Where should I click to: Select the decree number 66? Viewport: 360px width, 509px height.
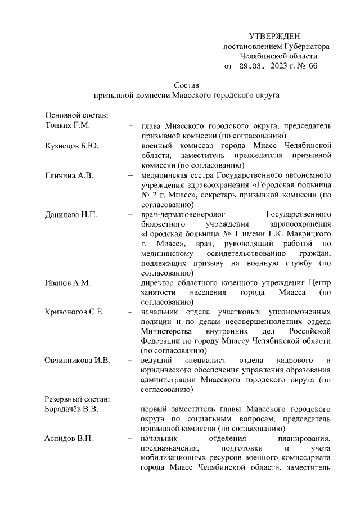tap(313, 66)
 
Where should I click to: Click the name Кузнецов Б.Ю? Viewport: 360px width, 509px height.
tap(72, 146)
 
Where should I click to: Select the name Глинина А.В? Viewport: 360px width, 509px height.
tap(69, 175)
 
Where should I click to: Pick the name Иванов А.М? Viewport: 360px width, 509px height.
tap(67, 282)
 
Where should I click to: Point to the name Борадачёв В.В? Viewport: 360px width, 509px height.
tap(75, 409)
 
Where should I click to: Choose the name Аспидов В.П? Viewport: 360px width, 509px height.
tap(69, 439)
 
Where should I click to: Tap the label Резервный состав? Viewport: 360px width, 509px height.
tap(78, 399)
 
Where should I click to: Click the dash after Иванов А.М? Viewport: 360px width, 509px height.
tap(130, 282)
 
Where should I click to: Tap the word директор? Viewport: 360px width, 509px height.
tap(158, 282)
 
